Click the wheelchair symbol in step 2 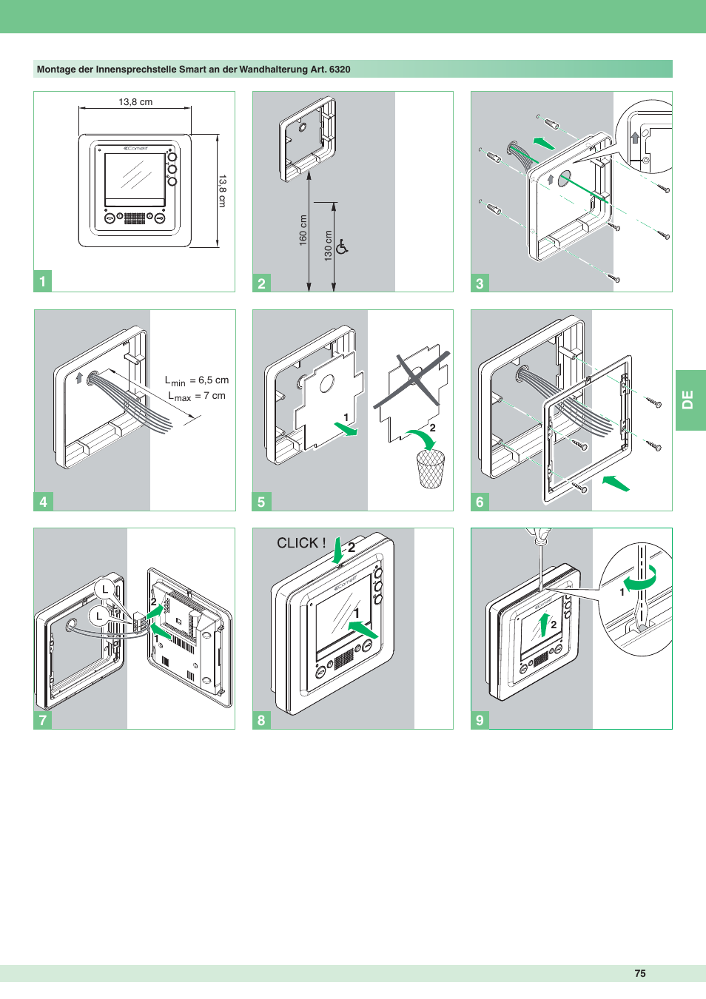pyautogui.click(x=342, y=246)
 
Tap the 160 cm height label pyautogui.click(x=303, y=230)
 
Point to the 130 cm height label pyautogui.click(x=329, y=246)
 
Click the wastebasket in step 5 pyautogui.click(x=431, y=468)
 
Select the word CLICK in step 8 pyautogui.click(x=298, y=542)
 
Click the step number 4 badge pyautogui.click(x=43, y=502)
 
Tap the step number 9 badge pyautogui.click(x=480, y=720)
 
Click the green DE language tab pyautogui.click(x=690, y=400)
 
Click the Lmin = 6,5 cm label pyautogui.click(x=197, y=380)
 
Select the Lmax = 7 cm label pyautogui.click(x=197, y=396)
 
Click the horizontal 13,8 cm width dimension pyautogui.click(x=135, y=102)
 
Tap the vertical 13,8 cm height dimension pyautogui.click(x=222, y=190)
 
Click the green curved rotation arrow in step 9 pyautogui.click(x=640, y=579)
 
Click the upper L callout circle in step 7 pyautogui.click(x=105, y=590)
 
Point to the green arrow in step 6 pyautogui.click(x=616, y=483)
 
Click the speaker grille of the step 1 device pyautogui.click(x=135, y=218)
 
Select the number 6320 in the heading pyautogui.click(x=340, y=70)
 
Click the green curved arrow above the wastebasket pyautogui.click(x=422, y=439)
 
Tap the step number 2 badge pyautogui.click(x=262, y=283)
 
